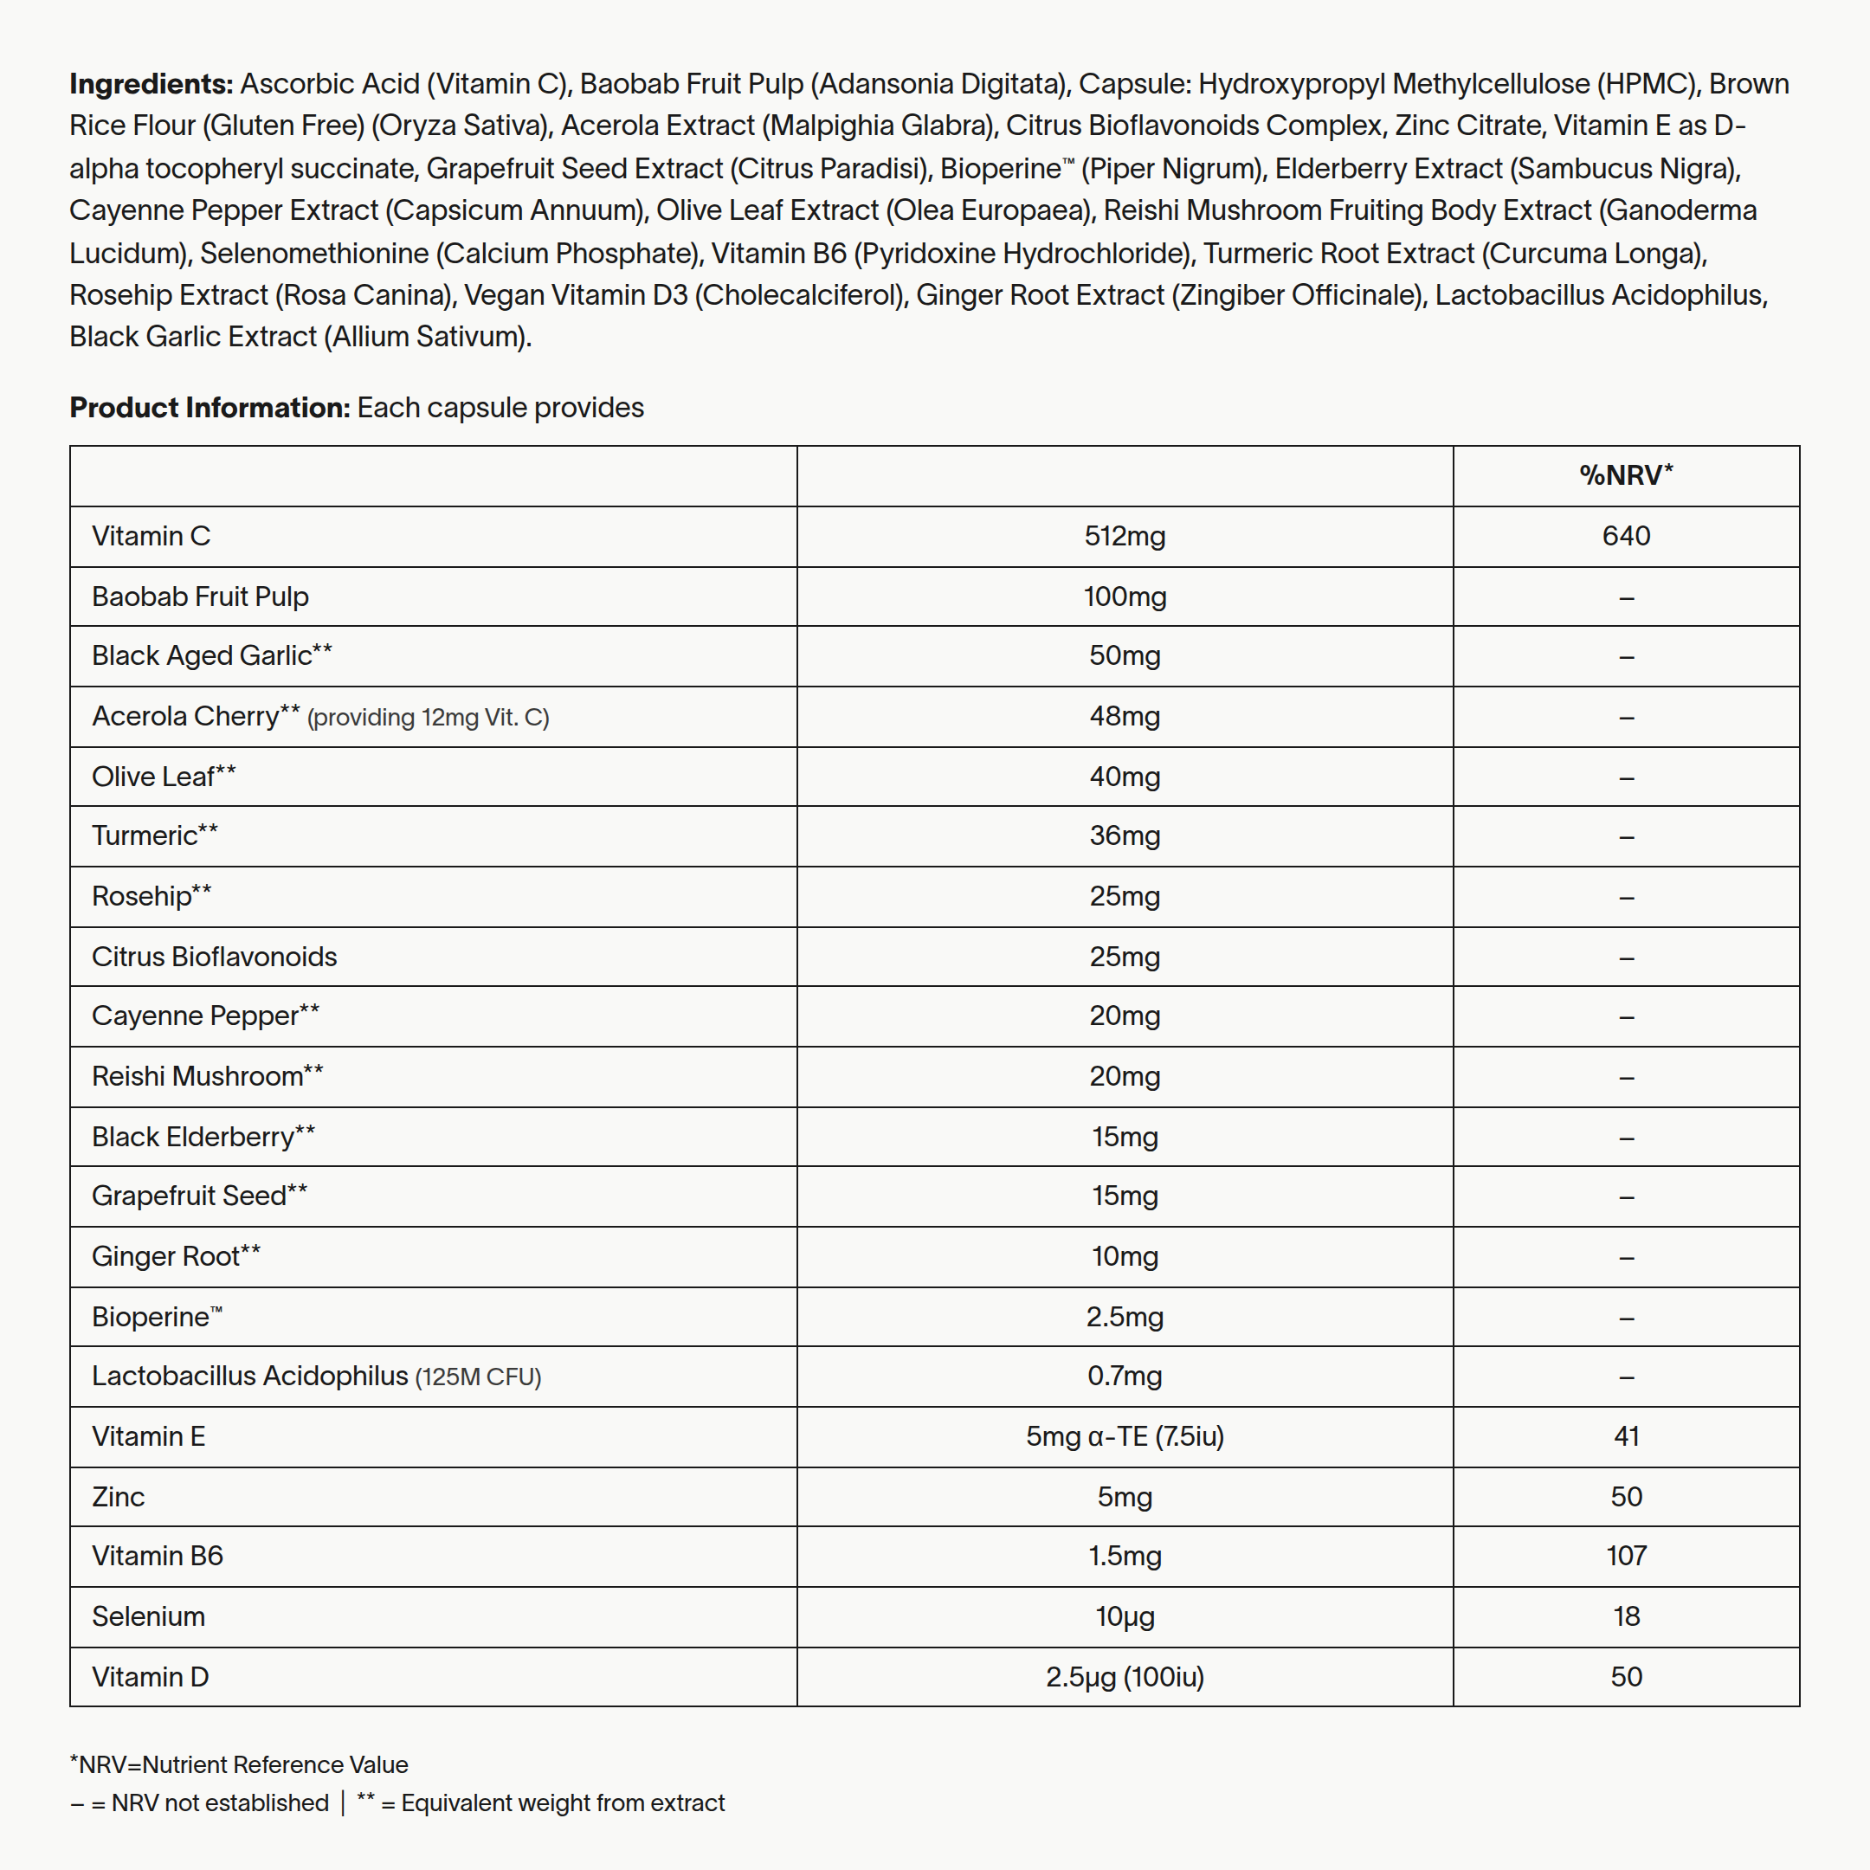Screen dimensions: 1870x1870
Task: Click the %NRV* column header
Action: tap(1625, 475)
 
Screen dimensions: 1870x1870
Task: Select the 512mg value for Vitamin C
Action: tap(1124, 536)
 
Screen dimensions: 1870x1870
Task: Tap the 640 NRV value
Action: tap(1625, 536)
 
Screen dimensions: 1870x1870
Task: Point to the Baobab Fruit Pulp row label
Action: tap(199, 596)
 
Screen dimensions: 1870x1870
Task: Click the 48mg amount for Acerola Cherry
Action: tap(1124, 716)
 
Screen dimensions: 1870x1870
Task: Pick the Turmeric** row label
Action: tap(155, 835)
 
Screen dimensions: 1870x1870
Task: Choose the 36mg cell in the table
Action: tap(1124, 835)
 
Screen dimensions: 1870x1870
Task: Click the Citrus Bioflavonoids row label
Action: tap(214, 957)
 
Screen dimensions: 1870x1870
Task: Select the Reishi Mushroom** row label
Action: tap(207, 1076)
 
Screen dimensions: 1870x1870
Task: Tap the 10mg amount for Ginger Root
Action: tap(1124, 1256)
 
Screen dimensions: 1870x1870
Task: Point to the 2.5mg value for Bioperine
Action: tap(1124, 1316)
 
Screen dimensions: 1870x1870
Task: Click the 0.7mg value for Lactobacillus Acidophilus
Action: tap(1124, 1377)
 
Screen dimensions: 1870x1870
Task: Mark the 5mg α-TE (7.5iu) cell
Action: tap(1124, 1436)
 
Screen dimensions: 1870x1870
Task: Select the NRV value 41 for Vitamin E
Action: tap(1625, 1436)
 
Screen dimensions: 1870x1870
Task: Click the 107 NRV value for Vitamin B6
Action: tap(1625, 1556)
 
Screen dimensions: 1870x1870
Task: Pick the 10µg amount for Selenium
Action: tap(1124, 1616)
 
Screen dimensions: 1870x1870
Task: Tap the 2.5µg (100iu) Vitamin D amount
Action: tap(1124, 1676)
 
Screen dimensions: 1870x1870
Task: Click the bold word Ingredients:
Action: tap(151, 84)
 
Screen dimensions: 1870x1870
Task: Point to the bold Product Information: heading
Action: tap(209, 408)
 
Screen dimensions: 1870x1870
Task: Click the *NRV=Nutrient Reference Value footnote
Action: tap(239, 1764)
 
